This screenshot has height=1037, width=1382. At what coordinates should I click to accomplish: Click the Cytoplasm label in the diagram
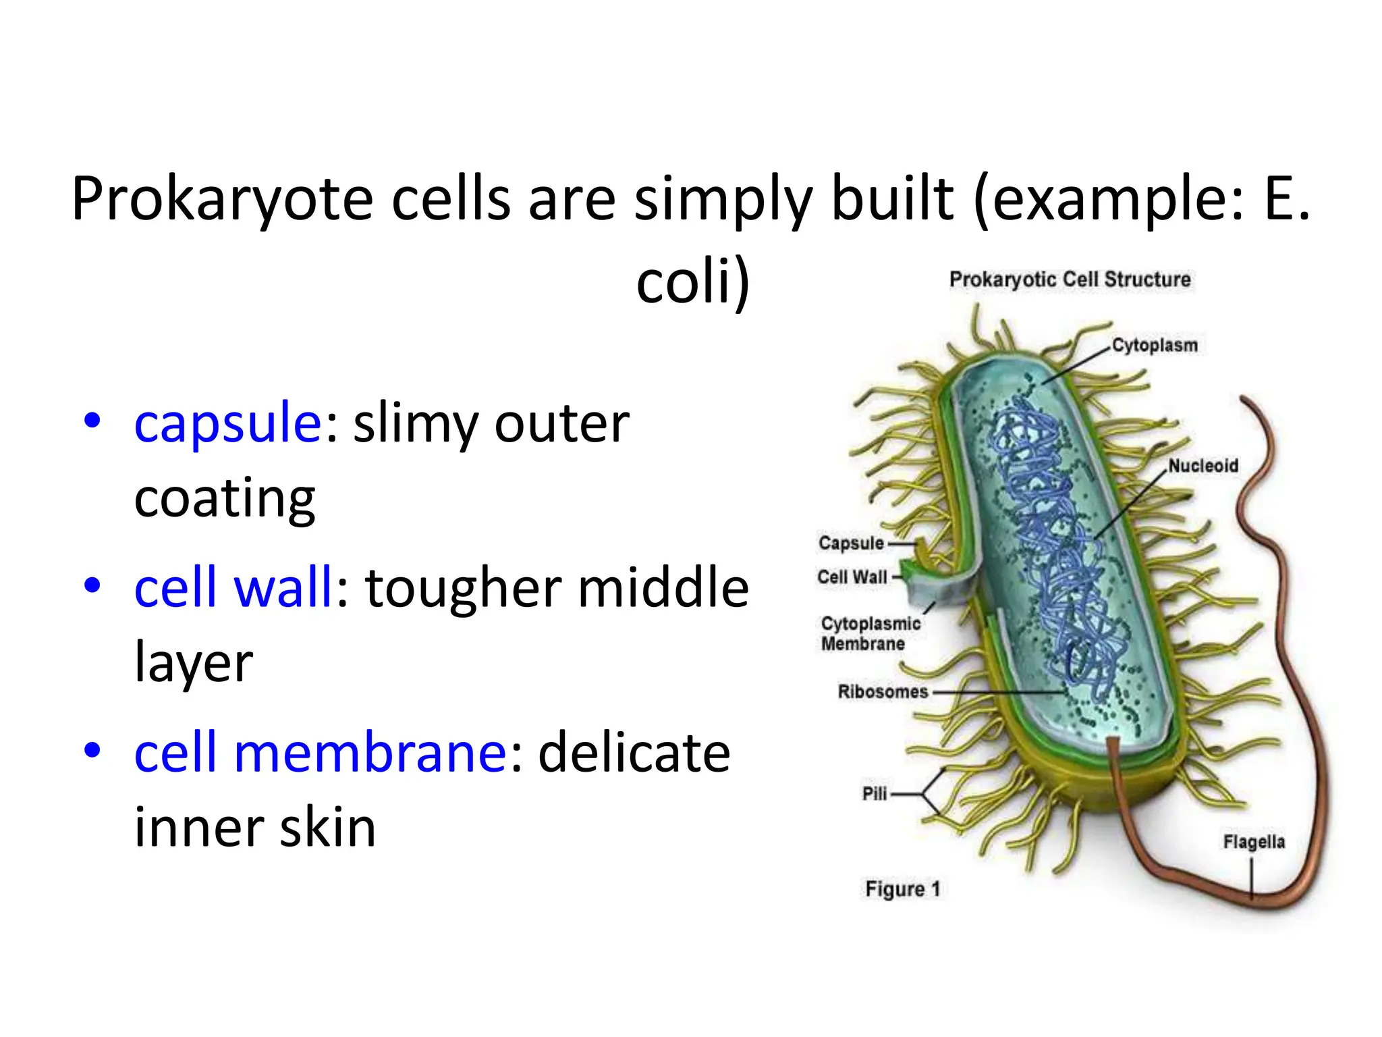point(1154,345)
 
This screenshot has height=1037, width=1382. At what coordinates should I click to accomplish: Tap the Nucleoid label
point(1203,465)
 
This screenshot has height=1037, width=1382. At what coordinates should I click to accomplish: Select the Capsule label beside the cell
point(851,543)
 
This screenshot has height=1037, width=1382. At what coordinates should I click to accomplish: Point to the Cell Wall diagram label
point(852,577)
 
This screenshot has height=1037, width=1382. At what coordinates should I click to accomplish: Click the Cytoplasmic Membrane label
point(870,633)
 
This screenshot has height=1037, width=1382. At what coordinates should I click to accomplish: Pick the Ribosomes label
point(883,691)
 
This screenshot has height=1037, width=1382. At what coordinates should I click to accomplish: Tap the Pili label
point(875,793)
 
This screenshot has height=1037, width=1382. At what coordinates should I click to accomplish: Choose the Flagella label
point(1254,841)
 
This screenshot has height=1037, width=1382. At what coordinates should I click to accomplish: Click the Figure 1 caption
point(902,888)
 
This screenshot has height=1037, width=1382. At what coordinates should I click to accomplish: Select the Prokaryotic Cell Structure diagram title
point(1070,280)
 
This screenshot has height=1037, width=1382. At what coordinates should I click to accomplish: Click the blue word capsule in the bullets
point(228,423)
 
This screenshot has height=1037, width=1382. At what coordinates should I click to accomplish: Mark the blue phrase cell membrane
point(321,752)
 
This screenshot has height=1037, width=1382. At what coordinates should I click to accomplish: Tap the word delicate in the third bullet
point(634,752)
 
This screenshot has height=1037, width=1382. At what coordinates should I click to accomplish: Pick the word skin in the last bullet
point(327,828)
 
